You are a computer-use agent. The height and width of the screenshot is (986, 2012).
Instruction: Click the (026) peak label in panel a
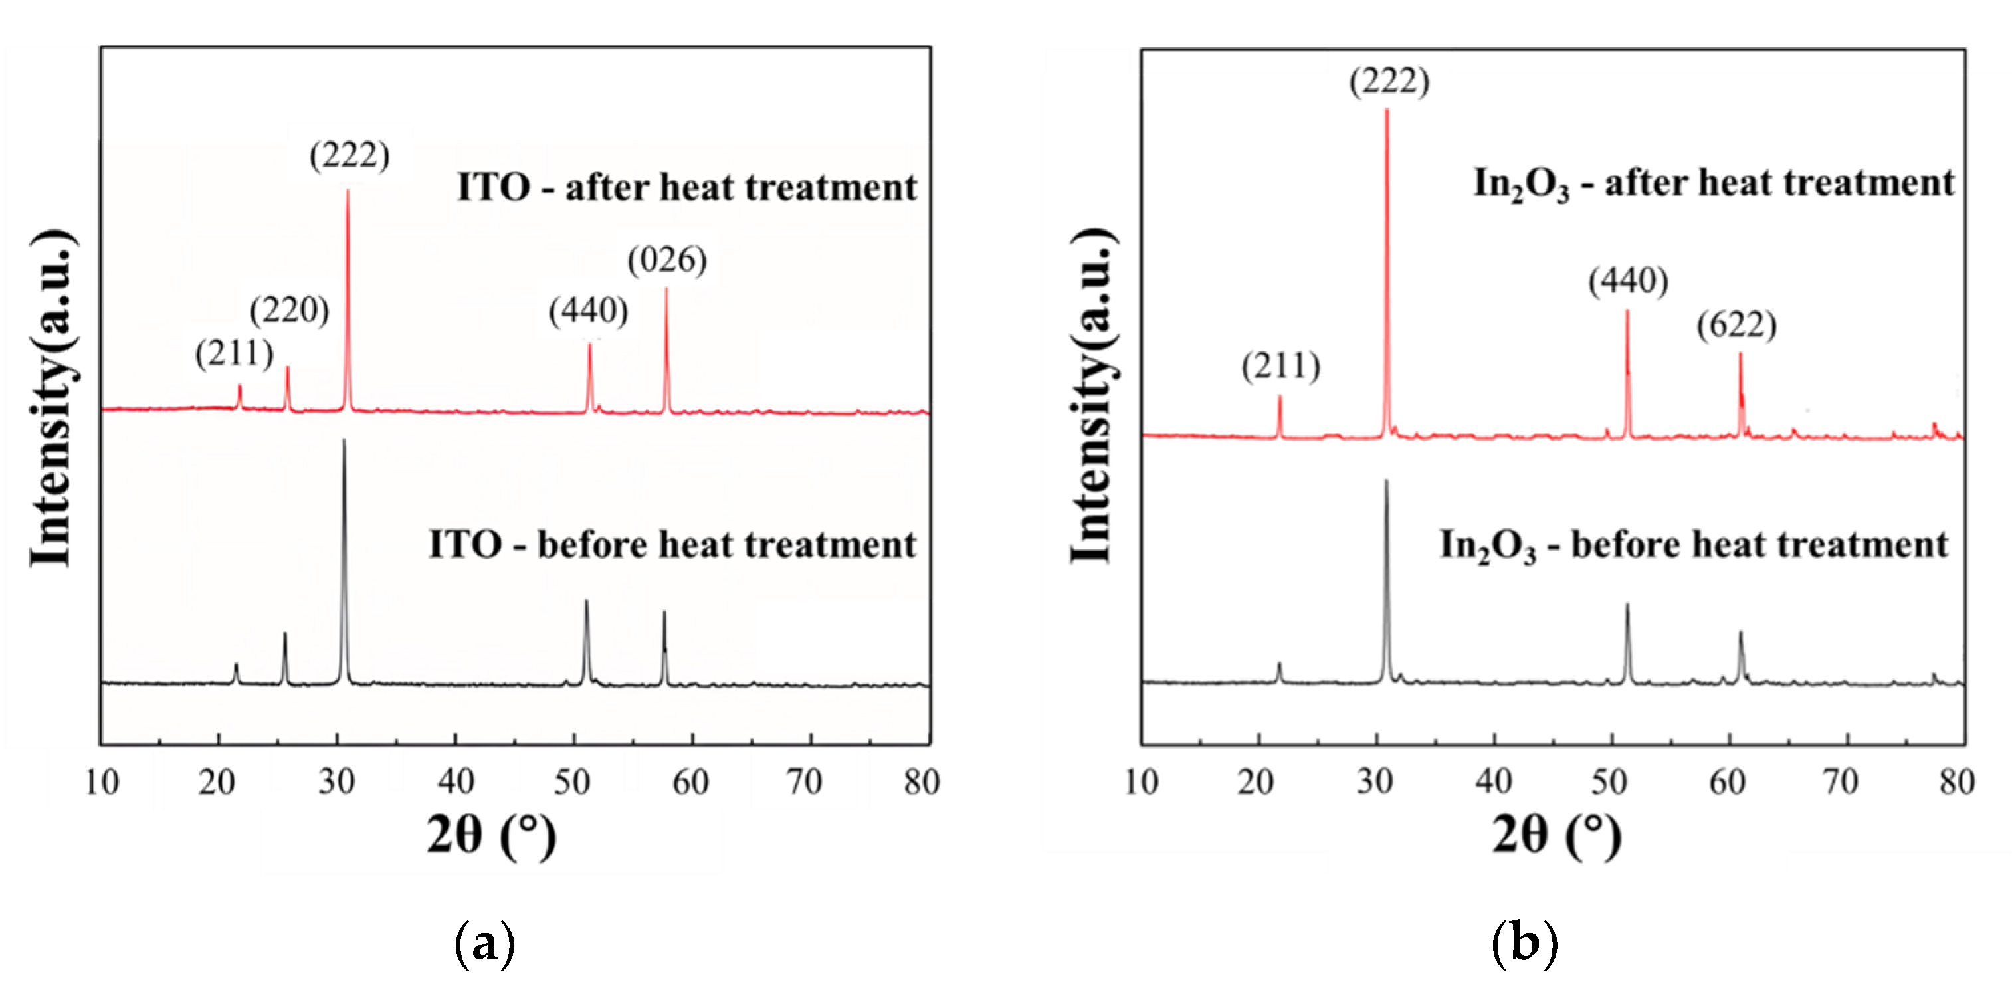667,260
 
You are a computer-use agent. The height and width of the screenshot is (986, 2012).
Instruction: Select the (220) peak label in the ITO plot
289,311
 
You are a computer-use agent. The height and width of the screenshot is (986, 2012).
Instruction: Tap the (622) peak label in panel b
1736,325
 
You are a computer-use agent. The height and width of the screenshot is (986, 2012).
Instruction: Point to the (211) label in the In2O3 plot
1281,367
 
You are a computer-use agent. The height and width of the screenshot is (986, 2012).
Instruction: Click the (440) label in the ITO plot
588,311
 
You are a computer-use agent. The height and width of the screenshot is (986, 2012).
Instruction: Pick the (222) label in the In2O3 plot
1389,81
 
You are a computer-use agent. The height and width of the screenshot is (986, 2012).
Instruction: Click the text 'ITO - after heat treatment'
686,187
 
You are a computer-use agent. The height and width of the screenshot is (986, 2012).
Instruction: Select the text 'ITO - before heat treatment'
672,545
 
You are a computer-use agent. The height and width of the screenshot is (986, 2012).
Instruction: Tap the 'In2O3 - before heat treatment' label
1693,545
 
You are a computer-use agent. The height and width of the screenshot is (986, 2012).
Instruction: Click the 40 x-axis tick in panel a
455,781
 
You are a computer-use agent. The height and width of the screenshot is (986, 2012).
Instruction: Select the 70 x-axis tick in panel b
1840,781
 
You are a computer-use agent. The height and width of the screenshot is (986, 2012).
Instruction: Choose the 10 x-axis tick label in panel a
102,781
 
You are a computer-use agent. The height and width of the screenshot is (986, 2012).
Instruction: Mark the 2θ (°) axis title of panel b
1556,835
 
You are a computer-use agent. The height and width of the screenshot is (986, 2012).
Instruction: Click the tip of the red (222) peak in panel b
1387,110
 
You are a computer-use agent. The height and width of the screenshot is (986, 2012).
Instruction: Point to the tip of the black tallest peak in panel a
344,440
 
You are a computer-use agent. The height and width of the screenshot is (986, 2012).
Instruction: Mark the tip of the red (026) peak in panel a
666,289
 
